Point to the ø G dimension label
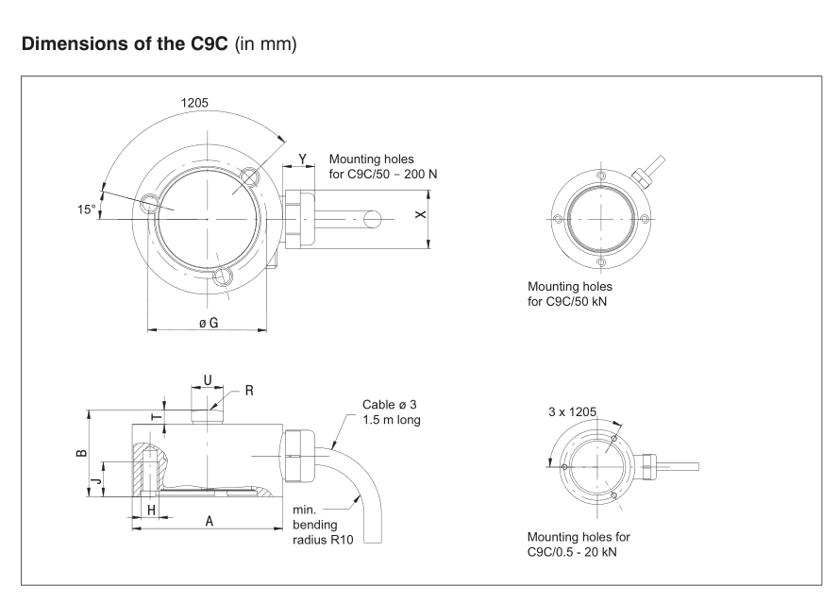(x=208, y=324)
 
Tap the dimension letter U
(x=208, y=381)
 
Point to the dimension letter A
(x=207, y=520)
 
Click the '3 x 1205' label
(x=575, y=411)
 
